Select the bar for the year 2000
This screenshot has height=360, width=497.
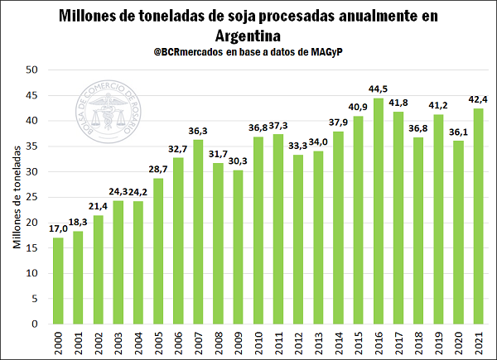[58, 281]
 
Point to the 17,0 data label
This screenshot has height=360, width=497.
[57, 228]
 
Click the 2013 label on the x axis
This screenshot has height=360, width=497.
[318, 341]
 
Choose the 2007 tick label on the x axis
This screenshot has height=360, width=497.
[198, 341]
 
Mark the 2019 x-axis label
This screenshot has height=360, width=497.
[438, 341]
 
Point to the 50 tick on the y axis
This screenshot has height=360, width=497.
[32, 70]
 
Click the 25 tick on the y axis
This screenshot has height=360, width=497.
[32, 197]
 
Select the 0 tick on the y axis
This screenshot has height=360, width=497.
[36, 324]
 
